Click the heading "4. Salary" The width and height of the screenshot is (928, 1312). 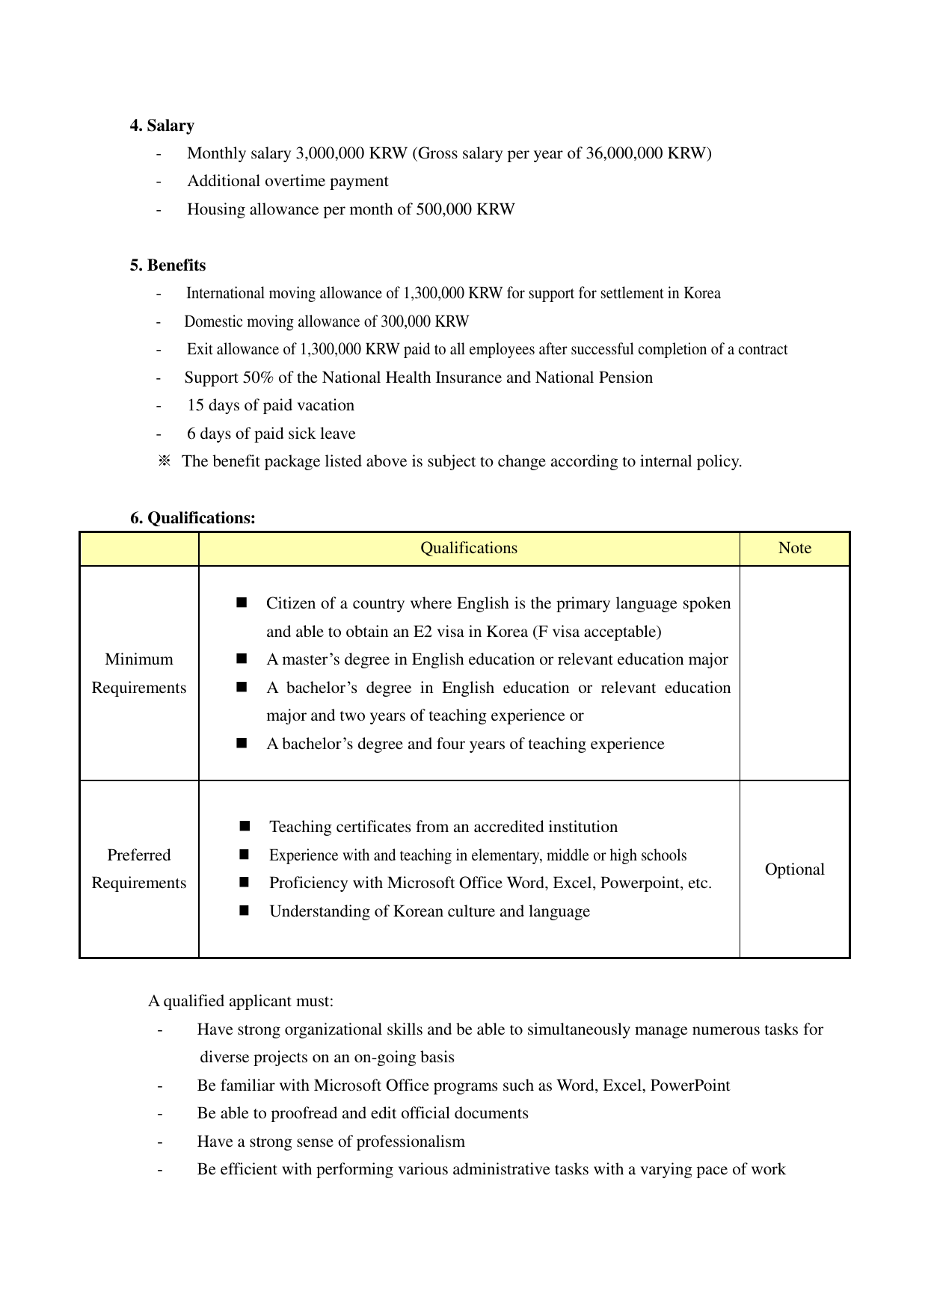(x=162, y=126)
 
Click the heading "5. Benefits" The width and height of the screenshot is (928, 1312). (x=168, y=265)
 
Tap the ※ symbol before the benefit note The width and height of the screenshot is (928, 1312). (x=165, y=461)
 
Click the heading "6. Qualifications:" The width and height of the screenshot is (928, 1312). (x=193, y=518)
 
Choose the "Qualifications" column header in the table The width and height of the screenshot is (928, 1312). (x=469, y=548)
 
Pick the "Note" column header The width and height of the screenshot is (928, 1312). (x=794, y=548)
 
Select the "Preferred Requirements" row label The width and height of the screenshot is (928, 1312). (x=139, y=869)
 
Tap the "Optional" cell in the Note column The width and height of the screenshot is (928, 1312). (x=794, y=869)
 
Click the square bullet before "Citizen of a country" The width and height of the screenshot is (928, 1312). (x=242, y=603)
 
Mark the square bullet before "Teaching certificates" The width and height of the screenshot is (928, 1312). (x=245, y=826)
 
